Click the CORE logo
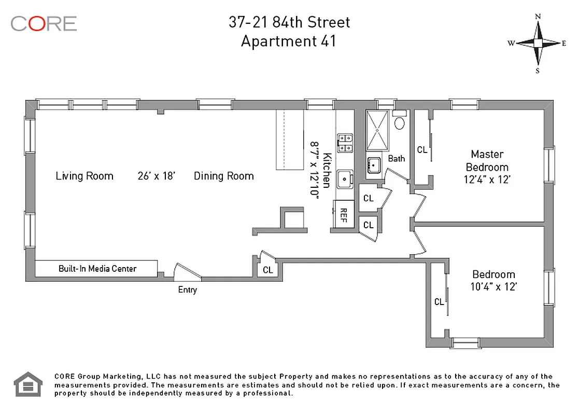coord(44,23)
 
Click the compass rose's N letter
coord(538,17)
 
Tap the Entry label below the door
coord(187,290)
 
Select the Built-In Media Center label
coord(97,268)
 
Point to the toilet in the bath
coord(400,122)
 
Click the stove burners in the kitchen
coord(345,143)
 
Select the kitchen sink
coord(344,179)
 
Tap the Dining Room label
coord(224,176)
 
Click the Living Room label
coord(84,176)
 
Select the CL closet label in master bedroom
coord(422,150)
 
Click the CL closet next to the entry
coord(268,270)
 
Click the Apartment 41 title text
coord(289,41)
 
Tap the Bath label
coord(397,158)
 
